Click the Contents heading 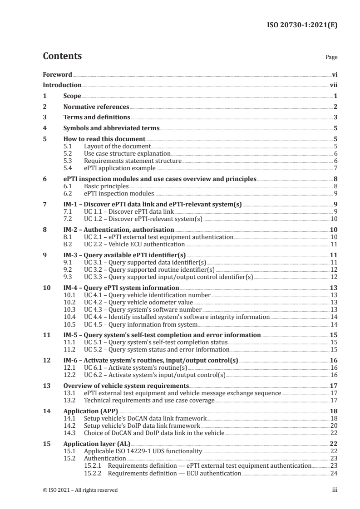(x=62, y=56)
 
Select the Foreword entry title (x=57, y=74)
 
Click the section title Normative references (x=96, y=107)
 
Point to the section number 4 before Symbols (x=44, y=128)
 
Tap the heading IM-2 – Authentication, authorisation (x=118, y=230)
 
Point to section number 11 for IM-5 (x=46, y=335)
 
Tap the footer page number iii (x=335, y=490)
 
